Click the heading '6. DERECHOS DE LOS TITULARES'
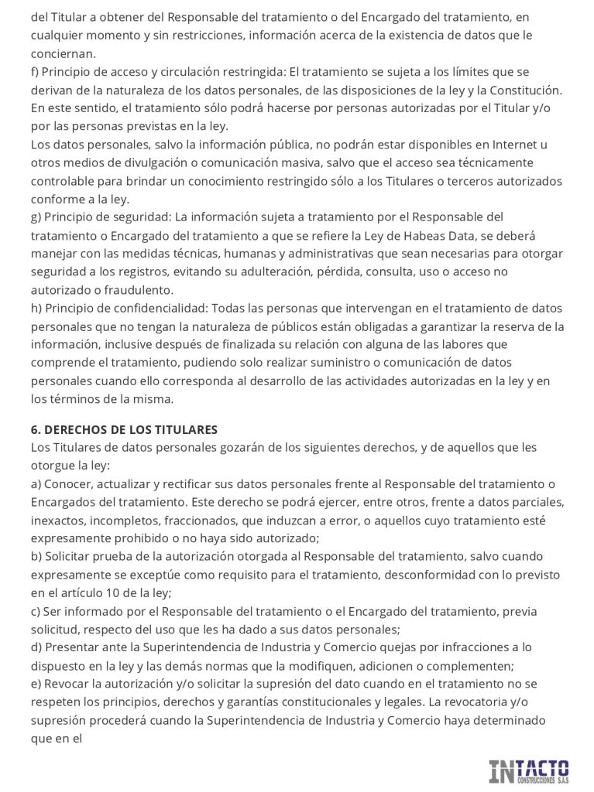pos(124,429)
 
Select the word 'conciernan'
pos(63,53)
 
